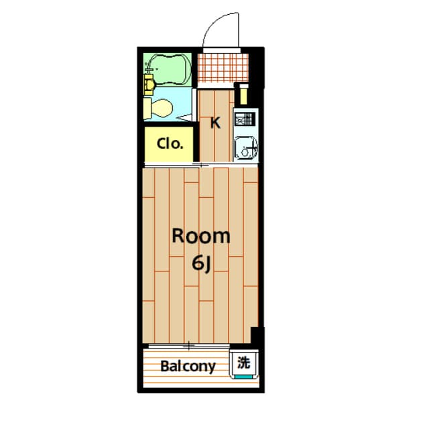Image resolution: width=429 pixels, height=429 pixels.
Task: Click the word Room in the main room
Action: [201, 236]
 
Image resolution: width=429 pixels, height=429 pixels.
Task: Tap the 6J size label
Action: [202, 264]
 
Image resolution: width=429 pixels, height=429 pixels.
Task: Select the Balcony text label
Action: [188, 367]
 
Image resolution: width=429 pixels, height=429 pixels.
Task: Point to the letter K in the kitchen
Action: [215, 123]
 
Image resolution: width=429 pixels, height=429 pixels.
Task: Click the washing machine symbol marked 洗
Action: [244, 363]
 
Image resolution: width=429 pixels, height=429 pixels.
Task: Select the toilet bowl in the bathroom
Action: [160, 107]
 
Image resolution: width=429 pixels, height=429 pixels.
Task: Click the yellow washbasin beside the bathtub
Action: [149, 84]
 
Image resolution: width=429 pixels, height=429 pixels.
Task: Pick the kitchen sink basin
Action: [245, 147]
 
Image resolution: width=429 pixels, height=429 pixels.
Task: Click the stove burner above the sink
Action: [244, 121]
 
